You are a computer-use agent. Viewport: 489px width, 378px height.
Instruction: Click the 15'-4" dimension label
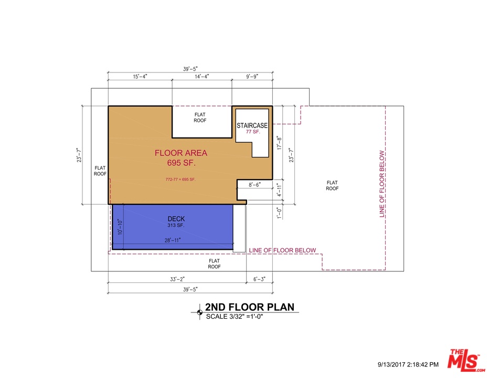[x=140, y=77]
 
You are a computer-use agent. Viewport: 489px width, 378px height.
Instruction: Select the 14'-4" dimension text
[x=202, y=77]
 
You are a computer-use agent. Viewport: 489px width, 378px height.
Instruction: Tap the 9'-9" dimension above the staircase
[x=252, y=77]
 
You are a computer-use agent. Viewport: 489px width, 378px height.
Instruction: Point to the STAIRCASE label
[x=252, y=125]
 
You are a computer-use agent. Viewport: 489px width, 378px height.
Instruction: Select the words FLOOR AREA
[x=181, y=153]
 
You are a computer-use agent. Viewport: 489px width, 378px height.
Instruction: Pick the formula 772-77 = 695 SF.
[x=180, y=180]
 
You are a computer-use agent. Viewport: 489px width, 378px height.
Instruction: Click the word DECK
[x=176, y=219]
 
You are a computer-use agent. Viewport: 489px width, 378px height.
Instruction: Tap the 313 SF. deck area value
[x=176, y=226]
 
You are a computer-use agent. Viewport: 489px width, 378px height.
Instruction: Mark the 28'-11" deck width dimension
[x=173, y=240]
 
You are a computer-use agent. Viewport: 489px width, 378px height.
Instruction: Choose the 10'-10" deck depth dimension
[x=120, y=227]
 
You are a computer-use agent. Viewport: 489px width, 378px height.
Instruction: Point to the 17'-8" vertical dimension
[x=280, y=143]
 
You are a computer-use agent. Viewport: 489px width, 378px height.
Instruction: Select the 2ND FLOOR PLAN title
[x=249, y=307]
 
